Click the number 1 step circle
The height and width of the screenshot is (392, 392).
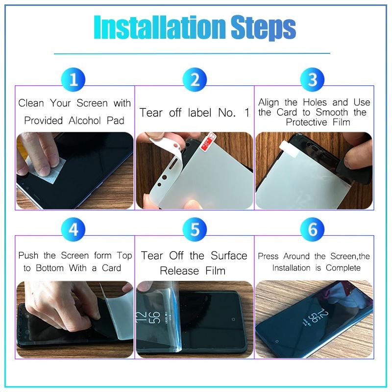click(x=73, y=79)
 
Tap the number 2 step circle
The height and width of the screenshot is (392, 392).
click(x=195, y=79)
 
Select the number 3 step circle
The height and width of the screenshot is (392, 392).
click(x=313, y=79)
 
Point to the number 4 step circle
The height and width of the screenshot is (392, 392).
click(x=73, y=229)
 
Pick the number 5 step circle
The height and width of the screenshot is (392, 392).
click(x=195, y=229)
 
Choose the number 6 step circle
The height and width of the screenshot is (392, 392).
click(x=313, y=229)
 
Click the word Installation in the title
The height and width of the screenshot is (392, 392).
click(x=160, y=27)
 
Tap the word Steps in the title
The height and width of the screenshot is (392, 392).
click(x=263, y=28)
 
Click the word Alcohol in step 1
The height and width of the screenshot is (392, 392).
click(x=85, y=121)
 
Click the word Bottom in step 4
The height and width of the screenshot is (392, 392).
click(x=50, y=268)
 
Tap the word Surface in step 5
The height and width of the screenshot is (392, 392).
click(x=229, y=255)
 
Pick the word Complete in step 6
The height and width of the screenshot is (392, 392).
click(x=343, y=268)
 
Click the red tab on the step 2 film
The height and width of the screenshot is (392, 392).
click(x=208, y=142)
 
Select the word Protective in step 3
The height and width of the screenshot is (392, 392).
click(x=306, y=122)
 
